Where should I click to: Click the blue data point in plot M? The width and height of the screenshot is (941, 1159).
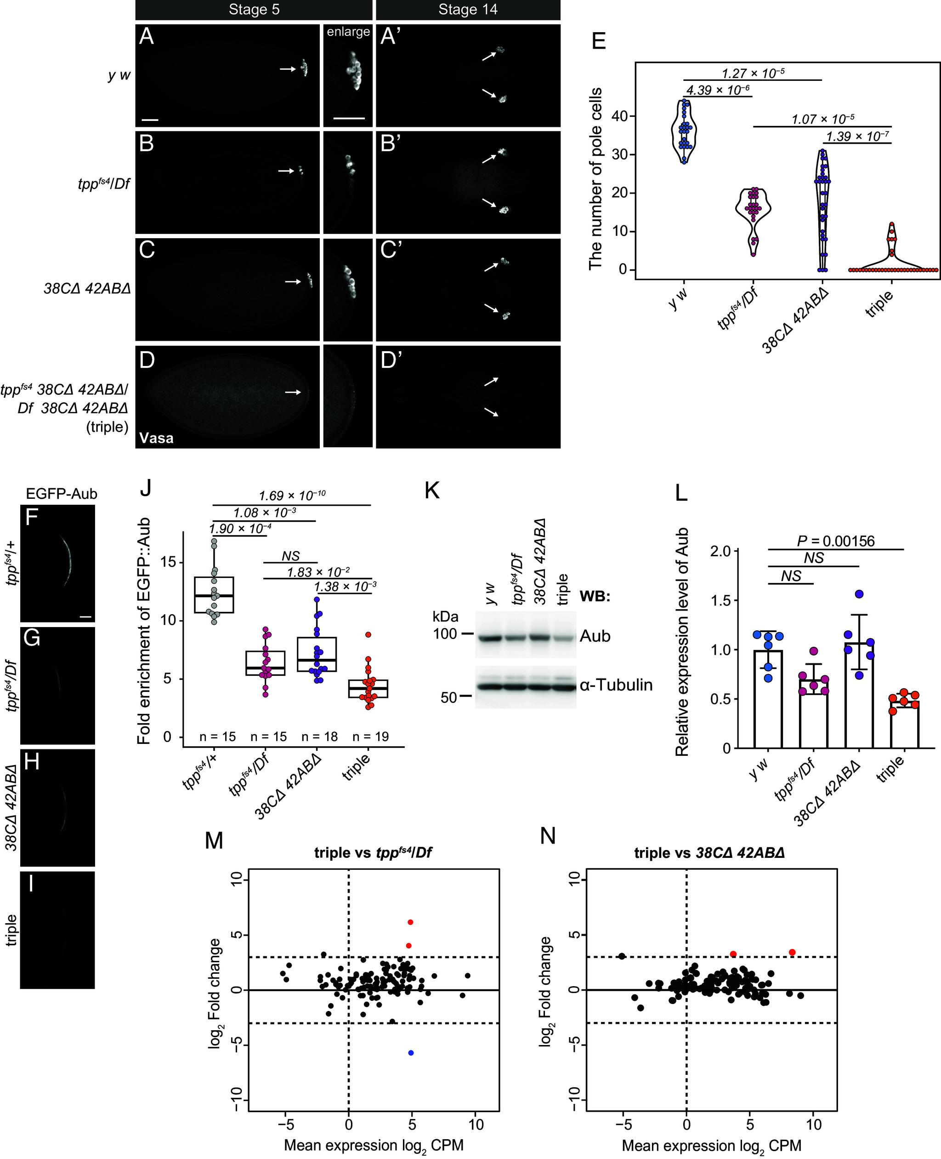point(411,1053)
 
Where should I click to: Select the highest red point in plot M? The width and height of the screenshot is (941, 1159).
point(410,922)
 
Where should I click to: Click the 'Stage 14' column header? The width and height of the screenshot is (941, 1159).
point(468,9)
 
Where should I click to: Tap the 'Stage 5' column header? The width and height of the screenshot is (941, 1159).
point(254,9)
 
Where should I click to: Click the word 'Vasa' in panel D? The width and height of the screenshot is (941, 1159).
point(157,438)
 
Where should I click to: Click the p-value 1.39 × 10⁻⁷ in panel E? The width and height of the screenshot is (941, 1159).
point(857,136)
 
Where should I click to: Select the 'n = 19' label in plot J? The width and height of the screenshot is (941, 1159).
point(371,736)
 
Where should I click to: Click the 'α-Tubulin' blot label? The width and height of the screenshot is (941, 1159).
point(616,685)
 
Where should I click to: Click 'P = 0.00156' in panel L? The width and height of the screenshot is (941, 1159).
point(835,541)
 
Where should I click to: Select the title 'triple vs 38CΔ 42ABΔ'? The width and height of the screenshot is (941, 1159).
point(709,853)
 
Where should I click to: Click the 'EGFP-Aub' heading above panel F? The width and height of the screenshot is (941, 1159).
point(62,494)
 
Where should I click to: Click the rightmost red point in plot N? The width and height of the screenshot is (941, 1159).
point(792,952)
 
